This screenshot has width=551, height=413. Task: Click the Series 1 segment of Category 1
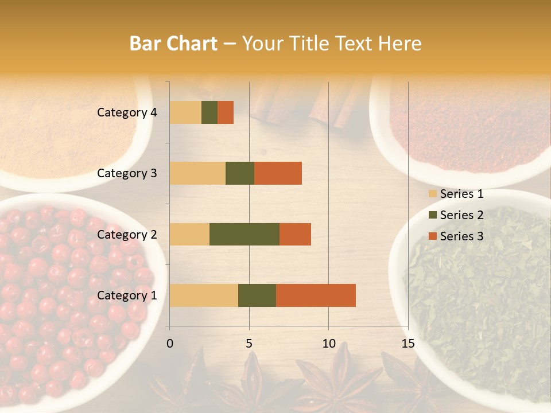204,295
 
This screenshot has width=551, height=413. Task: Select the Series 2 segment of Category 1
257,295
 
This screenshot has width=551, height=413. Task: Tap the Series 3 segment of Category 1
316,295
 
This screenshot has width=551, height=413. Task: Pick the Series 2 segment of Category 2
245,234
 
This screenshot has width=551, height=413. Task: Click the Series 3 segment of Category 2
295,234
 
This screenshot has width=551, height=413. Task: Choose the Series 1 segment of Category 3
197,173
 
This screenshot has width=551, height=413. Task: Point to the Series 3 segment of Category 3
278,173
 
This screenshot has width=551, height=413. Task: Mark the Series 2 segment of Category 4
209,112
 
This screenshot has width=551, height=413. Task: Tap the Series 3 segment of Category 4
226,112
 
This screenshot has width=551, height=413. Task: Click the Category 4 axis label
127,112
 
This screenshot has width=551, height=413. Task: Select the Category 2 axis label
127,234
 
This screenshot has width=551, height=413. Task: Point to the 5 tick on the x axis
249,344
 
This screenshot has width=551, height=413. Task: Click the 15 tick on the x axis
408,344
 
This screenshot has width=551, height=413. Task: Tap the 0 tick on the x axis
170,344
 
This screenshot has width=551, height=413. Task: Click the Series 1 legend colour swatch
432,194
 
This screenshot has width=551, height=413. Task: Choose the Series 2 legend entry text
461,215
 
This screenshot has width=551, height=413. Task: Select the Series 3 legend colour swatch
432,236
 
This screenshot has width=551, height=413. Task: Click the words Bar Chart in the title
173,43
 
